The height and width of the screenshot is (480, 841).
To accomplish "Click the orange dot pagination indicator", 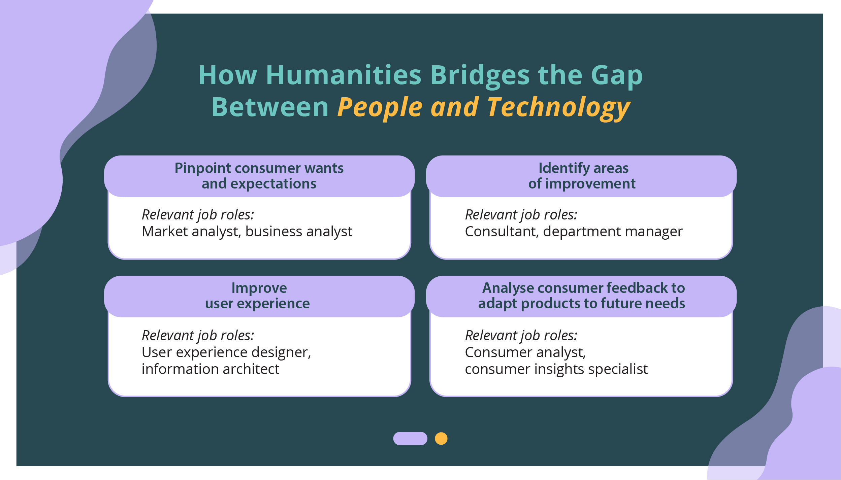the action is pyautogui.click(x=441, y=439).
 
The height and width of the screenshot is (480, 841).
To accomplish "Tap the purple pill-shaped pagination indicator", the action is pyautogui.click(x=410, y=439).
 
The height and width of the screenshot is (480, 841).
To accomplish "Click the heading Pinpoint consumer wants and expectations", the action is pyautogui.click(x=259, y=176).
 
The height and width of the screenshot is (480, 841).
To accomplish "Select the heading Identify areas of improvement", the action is pyautogui.click(x=582, y=176).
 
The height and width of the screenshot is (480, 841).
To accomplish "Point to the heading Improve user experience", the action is pyautogui.click(x=258, y=296).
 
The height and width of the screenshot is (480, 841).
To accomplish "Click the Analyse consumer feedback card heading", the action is pyautogui.click(x=582, y=296).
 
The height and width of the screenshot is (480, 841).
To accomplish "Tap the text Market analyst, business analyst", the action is pyautogui.click(x=247, y=232).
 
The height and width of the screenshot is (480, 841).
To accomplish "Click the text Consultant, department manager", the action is pyautogui.click(x=574, y=232).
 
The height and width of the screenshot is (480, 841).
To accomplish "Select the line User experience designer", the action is pyautogui.click(x=226, y=352).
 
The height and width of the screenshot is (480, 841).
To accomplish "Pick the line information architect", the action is pyautogui.click(x=211, y=369).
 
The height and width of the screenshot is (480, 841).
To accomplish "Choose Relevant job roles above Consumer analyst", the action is pyautogui.click(x=521, y=336).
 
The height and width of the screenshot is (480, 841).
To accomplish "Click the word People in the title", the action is pyautogui.click(x=380, y=108).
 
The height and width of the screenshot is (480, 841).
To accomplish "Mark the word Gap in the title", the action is pyautogui.click(x=617, y=76).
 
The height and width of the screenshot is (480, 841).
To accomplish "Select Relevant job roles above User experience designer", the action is pyautogui.click(x=198, y=336).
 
